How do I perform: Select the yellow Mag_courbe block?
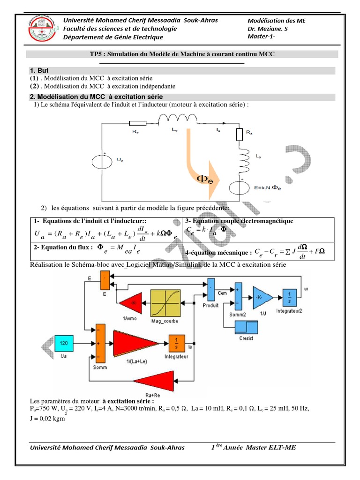click(165, 303)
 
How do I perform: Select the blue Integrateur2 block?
click(289, 296)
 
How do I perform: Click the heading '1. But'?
click(39, 70)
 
